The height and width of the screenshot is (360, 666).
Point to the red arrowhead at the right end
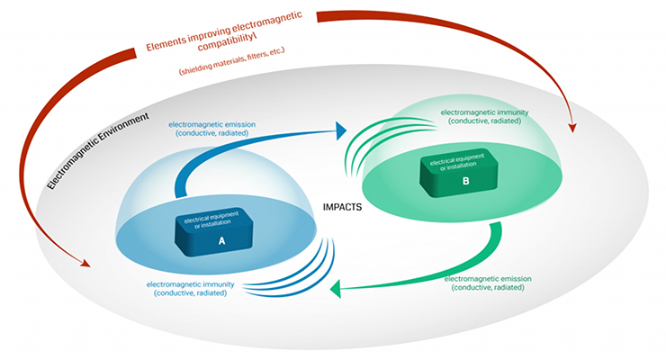tap(571, 131)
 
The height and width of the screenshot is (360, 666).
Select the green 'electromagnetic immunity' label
tap(484, 118)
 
